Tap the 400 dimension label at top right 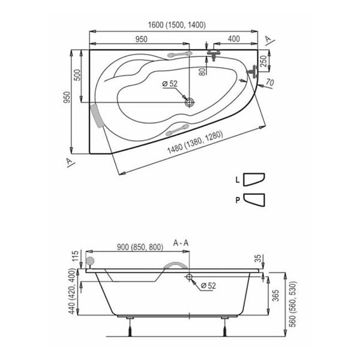(234, 39)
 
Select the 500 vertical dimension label (77, 75)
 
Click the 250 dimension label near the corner (263, 61)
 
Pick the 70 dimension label (270, 82)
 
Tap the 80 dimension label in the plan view (202, 71)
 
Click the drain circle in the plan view (190, 102)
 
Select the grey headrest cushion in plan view (96, 116)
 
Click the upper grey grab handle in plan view (180, 54)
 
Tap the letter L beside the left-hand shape (238, 180)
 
